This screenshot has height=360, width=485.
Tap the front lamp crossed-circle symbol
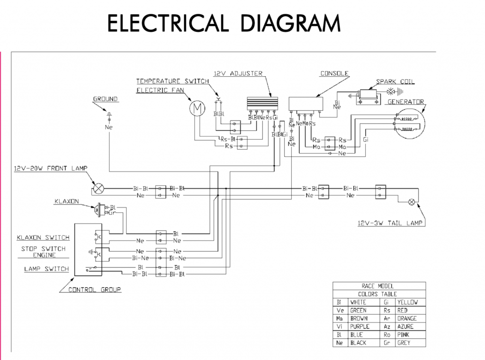coord(99,188)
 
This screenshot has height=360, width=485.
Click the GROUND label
coord(105,99)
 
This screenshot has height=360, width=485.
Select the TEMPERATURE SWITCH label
coord(172,81)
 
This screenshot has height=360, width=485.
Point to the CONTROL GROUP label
coord(95,289)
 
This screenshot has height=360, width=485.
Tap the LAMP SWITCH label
coord(46,269)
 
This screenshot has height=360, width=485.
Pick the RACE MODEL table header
coord(379,286)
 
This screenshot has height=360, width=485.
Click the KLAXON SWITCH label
coord(43,238)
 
